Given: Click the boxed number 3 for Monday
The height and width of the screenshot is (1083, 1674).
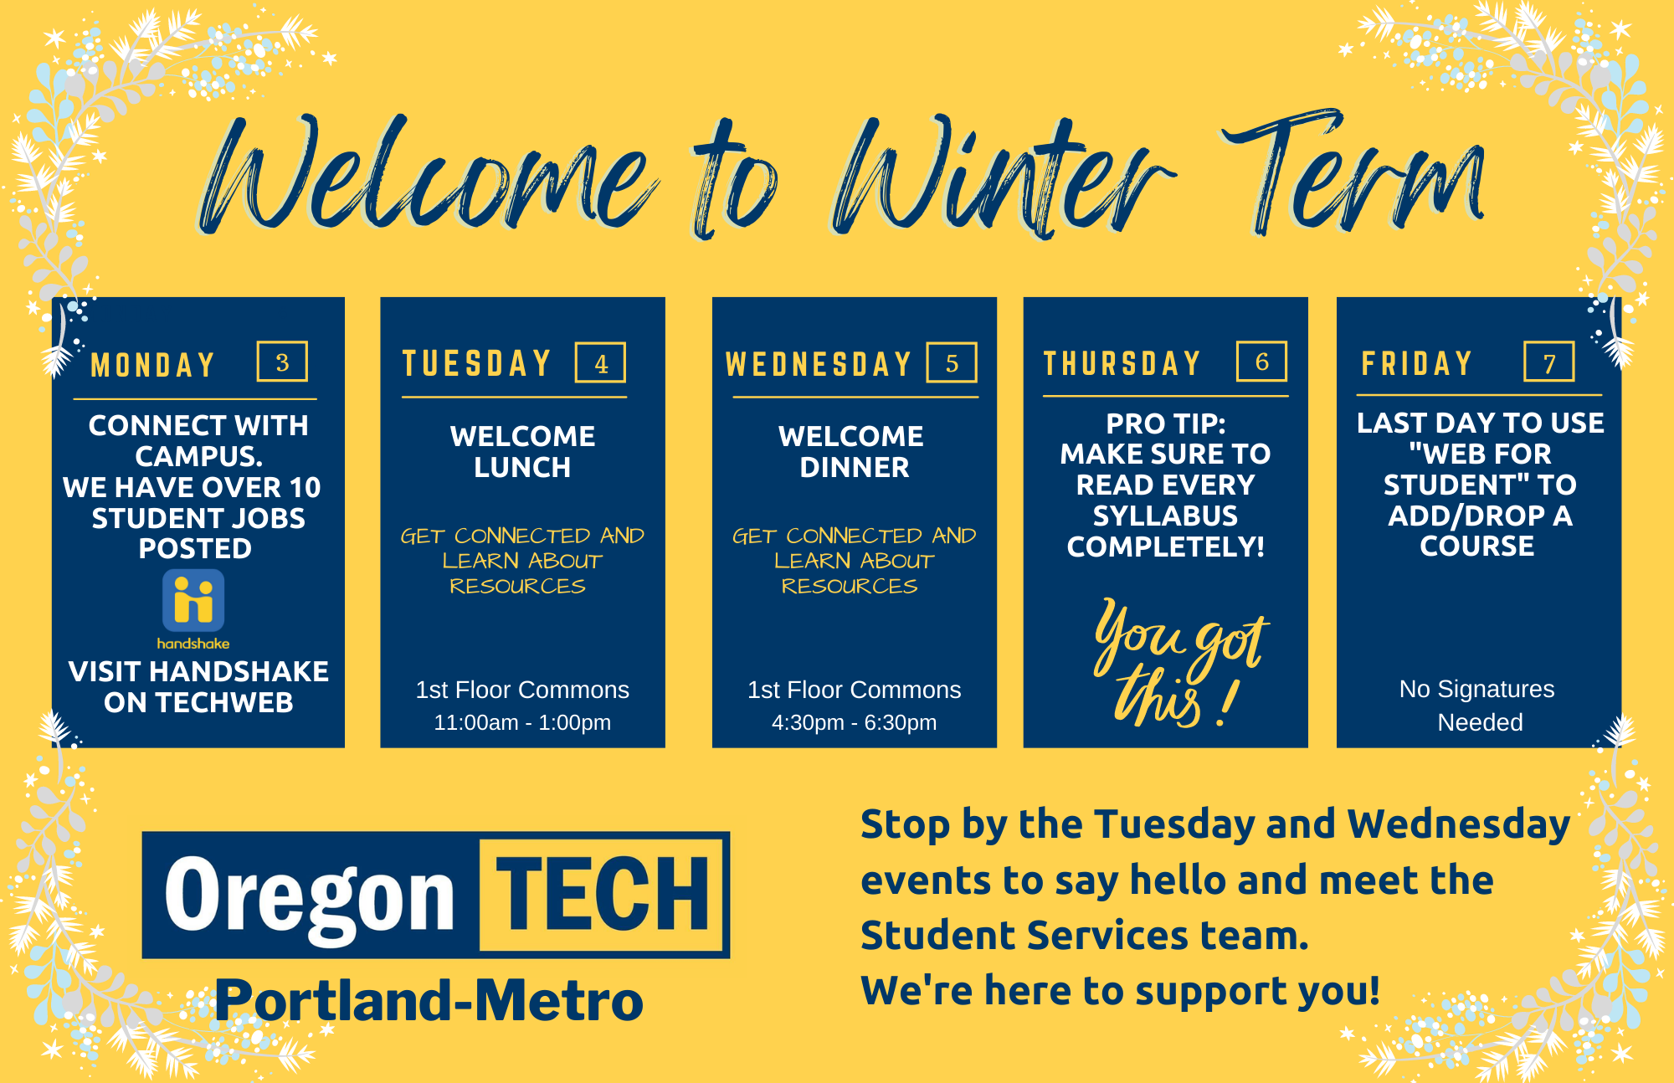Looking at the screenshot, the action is (x=282, y=362).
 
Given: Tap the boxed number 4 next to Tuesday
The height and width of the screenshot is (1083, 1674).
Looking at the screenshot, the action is (x=600, y=362).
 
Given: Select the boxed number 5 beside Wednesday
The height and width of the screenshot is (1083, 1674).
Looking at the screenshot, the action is (x=952, y=362).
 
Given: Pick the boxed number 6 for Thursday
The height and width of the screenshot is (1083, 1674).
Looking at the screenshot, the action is (x=1261, y=361).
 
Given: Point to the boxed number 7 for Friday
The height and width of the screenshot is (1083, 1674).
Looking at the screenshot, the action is (x=1548, y=362).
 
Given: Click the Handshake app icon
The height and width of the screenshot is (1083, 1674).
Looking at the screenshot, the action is (x=193, y=600).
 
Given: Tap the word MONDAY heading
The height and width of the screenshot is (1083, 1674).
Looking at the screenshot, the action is (x=153, y=365).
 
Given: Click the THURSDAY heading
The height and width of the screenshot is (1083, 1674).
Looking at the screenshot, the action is (x=1122, y=363).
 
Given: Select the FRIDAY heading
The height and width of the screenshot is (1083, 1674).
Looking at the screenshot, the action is (x=1416, y=363).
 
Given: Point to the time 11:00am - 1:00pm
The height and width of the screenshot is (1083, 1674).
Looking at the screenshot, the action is (x=522, y=721).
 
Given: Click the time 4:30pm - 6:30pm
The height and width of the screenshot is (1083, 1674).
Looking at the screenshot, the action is (x=854, y=721).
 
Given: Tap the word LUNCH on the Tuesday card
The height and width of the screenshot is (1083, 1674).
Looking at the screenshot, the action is (x=522, y=467).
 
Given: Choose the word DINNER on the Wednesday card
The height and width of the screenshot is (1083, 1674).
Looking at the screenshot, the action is (x=855, y=467).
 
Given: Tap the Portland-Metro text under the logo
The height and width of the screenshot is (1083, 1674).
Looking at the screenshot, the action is (x=429, y=1000).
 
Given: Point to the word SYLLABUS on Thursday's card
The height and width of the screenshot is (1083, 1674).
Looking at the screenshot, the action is (x=1165, y=516).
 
